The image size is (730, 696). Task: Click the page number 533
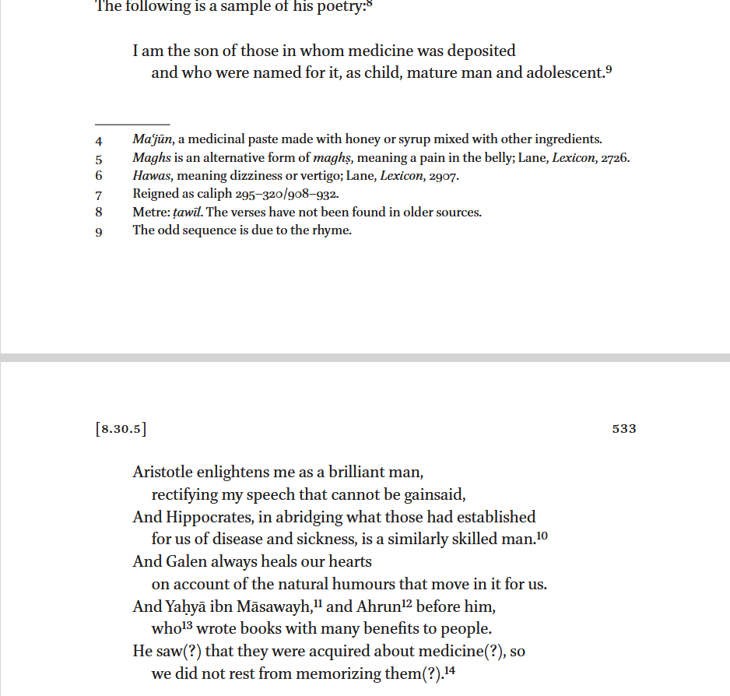pos(624,428)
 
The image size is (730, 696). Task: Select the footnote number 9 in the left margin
pos(99,231)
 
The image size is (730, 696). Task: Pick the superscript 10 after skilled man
pos(542,535)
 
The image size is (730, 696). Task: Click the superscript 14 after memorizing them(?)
pos(448,670)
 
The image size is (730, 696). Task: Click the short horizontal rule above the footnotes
pos(132,125)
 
